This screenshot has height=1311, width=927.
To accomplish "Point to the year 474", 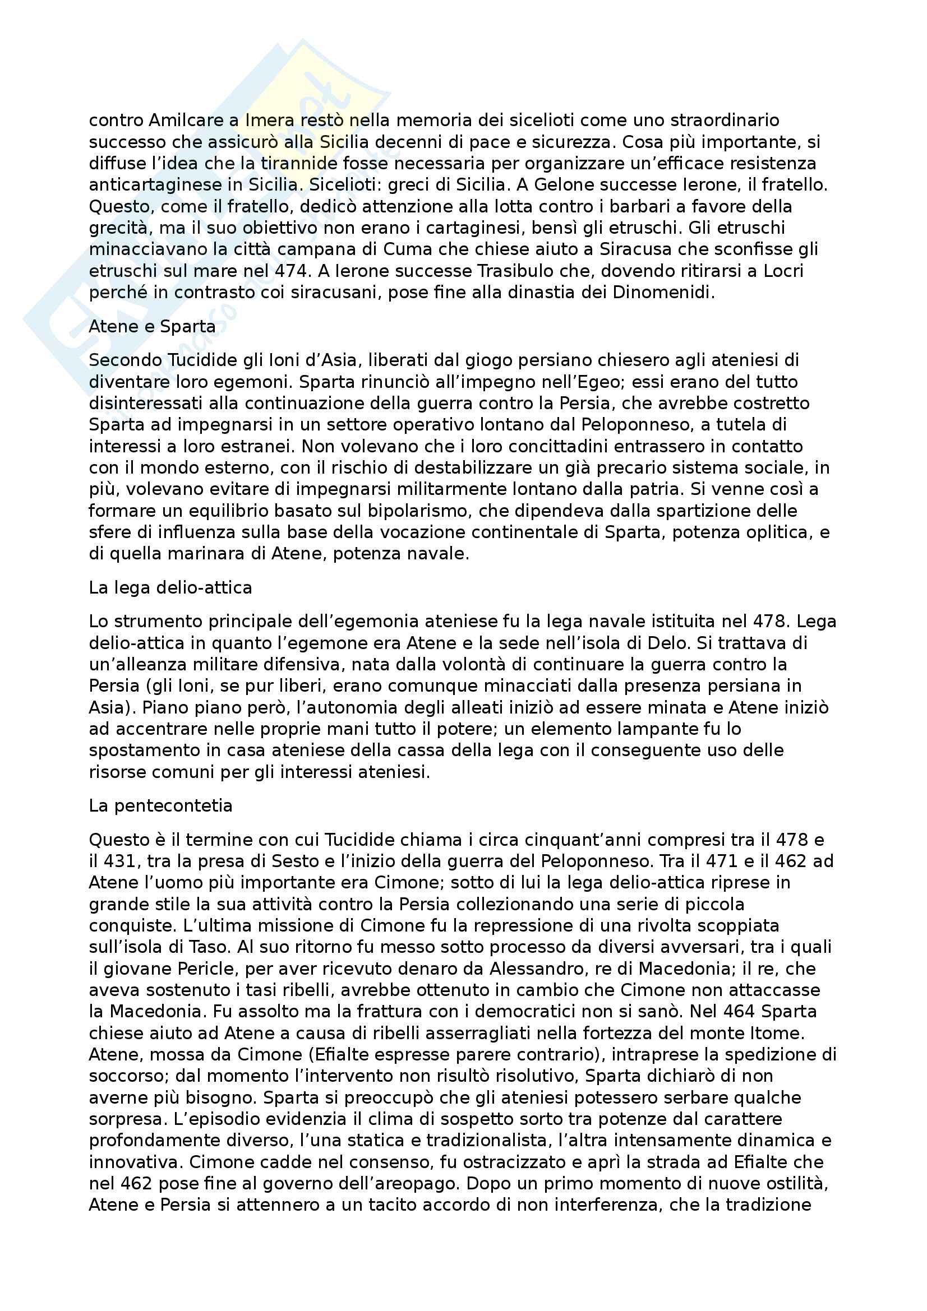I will [x=290, y=271].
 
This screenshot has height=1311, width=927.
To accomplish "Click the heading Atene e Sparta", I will [x=152, y=327].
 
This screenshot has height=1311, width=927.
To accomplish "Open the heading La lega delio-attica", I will [x=170, y=587].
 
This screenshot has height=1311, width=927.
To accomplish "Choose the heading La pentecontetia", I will [x=160, y=805].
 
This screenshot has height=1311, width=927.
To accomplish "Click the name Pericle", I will [x=211, y=969].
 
